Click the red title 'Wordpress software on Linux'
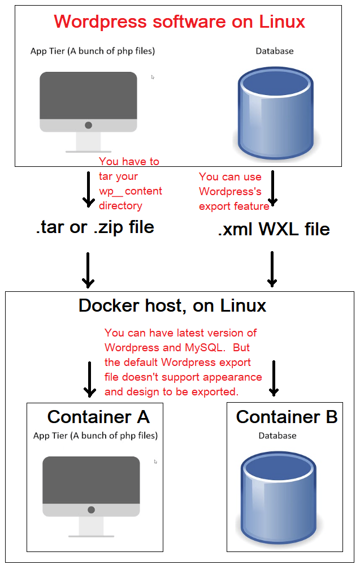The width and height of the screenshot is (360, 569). pyautogui.click(x=180, y=21)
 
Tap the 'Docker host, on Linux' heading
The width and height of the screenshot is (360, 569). pyautogui.click(x=172, y=305)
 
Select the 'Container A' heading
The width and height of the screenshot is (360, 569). pyautogui.click(x=98, y=417)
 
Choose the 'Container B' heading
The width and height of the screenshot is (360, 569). pyautogui.click(x=287, y=417)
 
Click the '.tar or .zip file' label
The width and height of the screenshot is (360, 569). pyautogui.click(x=95, y=227)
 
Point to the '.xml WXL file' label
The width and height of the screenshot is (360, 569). pyautogui.click(x=274, y=229)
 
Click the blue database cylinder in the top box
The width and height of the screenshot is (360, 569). pyautogui.click(x=275, y=113)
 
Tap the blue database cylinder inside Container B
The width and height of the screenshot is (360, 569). pyautogui.click(x=278, y=498)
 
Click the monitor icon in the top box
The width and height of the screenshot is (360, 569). pyautogui.click(x=89, y=112)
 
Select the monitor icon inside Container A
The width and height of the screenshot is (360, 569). pyautogui.click(x=92, y=497)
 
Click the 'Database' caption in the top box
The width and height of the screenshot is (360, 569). pyautogui.click(x=275, y=51)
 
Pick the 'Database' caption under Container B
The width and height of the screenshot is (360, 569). pyautogui.click(x=277, y=436)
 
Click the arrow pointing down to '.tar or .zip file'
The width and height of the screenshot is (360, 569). pyautogui.click(x=89, y=189)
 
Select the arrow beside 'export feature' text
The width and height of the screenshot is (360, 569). pyautogui.click(x=273, y=188)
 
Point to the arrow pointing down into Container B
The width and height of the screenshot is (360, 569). pyautogui.click(x=274, y=378)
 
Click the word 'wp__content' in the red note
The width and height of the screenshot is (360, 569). pyautogui.click(x=130, y=191)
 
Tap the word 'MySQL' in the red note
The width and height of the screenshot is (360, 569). pyautogui.click(x=204, y=348)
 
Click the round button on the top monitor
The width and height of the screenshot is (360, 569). pyautogui.click(x=89, y=125)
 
